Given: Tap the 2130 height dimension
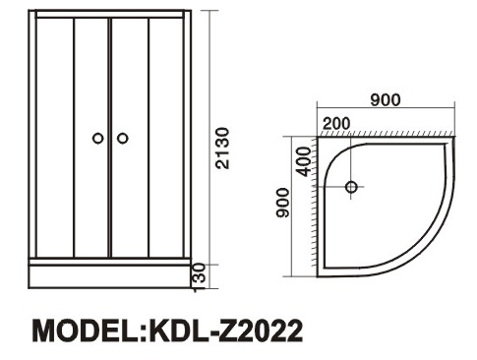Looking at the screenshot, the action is coord(222,149).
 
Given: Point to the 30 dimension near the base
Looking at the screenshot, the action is coord(200,272).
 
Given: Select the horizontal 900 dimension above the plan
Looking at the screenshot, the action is coord(386,100).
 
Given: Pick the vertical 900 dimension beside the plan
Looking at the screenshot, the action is coord(283,203).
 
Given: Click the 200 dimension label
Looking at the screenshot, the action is coord(336,124).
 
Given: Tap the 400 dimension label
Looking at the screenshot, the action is coord(304,161).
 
